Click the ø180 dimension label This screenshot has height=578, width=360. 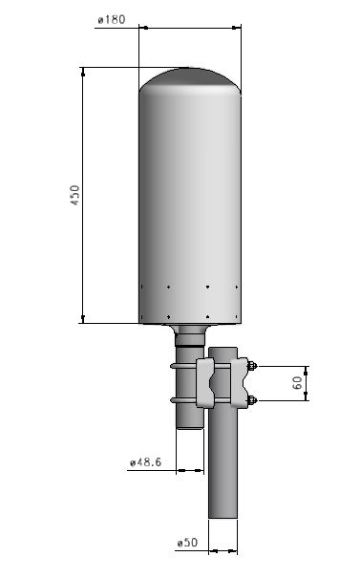point(112,19)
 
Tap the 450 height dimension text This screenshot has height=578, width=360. point(74,195)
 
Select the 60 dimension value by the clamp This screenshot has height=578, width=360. point(297,383)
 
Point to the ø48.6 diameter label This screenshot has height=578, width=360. point(146,461)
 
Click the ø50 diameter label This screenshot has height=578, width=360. point(187,543)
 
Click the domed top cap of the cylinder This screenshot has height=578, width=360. point(190,79)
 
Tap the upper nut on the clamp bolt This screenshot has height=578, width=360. point(252,366)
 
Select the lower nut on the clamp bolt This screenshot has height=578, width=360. point(252,400)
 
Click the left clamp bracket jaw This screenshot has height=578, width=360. point(205,383)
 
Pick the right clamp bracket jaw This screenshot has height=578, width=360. point(240,383)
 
